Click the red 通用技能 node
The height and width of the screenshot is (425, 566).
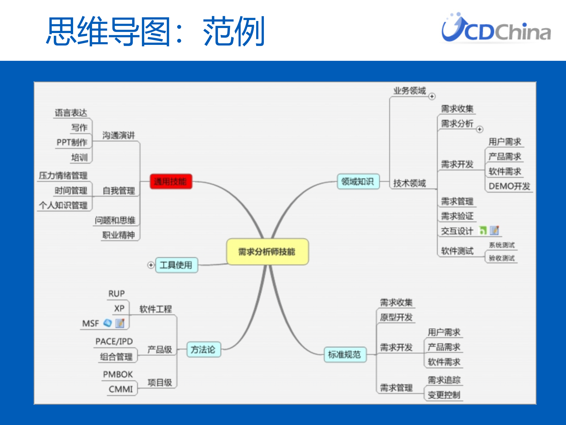tap(171, 181)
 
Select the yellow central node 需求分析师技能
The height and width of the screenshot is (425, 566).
tap(267, 251)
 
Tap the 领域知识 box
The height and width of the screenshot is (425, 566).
tap(358, 181)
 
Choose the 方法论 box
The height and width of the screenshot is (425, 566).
tap(203, 349)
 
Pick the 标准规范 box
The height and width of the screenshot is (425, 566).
tap(345, 354)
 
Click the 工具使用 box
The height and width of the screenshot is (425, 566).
tap(176, 265)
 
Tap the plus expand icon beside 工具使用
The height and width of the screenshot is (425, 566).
tap(151, 265)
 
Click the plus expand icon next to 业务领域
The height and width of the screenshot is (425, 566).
tap(432, 96)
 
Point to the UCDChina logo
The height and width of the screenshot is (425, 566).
tap(496, 28)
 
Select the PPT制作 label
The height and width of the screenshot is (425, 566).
tap(72, 142)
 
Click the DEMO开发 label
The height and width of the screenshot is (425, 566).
tap(509, 186)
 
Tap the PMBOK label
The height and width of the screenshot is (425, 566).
tap(118, 374)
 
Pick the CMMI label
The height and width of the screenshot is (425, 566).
tap(121, 389)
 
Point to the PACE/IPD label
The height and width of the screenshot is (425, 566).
tap(114, 341)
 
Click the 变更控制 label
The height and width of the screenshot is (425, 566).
tap(444, 395)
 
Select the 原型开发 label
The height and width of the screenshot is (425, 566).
tap(396, 317)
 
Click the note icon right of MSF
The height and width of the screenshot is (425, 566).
tap(120, 323)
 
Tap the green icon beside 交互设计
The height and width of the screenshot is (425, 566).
tap(483, 230)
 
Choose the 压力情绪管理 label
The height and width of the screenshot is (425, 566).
tap(63, 175)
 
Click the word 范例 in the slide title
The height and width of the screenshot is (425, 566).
tap(234, 31)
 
